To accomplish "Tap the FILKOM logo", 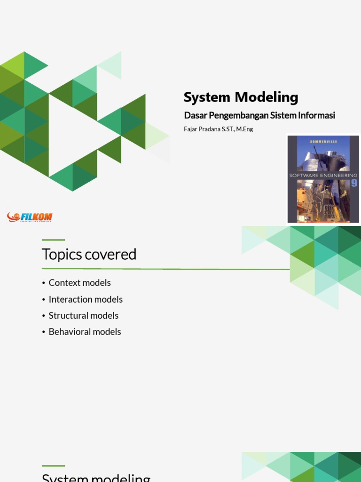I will (30, 217).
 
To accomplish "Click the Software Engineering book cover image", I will (322, 179).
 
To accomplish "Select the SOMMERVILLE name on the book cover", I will (322, 141).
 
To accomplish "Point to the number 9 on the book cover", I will (354, 183).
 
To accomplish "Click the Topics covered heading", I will (89, 255).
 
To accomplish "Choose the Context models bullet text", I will (79, 283).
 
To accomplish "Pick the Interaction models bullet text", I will (86, 299).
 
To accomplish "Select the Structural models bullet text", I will (83, 315).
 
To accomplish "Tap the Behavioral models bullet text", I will (85, 332).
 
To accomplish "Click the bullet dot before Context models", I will (44, 283).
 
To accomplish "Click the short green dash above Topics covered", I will (53, 240).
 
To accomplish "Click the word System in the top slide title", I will (207, 97).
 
